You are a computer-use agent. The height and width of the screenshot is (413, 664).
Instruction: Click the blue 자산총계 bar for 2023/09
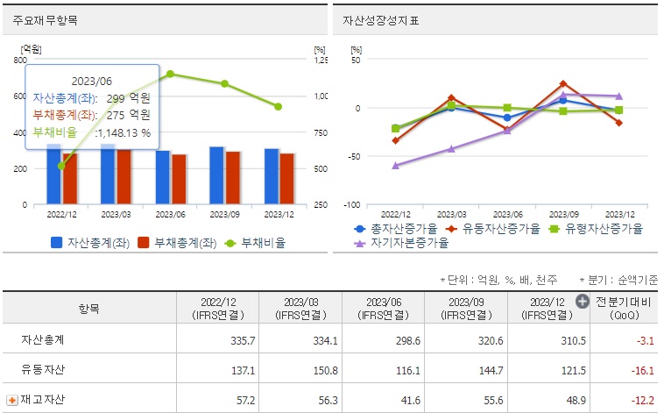coord(217,175)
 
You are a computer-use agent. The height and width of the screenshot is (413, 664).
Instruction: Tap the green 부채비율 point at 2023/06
coord(170,74)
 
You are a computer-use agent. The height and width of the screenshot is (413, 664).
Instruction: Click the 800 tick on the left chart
coord(20,60)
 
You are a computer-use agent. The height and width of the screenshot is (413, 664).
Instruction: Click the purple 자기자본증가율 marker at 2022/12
coord(396,165)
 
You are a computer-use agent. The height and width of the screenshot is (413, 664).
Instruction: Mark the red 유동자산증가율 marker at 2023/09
coord(563,84)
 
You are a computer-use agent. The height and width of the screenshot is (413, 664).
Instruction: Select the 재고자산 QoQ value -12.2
coord(641,399)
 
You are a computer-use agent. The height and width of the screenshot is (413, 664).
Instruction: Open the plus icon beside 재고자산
coord(12,400)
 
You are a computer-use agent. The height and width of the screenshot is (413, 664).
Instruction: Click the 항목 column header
coord(89,309)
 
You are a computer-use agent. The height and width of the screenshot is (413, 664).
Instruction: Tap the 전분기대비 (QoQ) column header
coord(624,308)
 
